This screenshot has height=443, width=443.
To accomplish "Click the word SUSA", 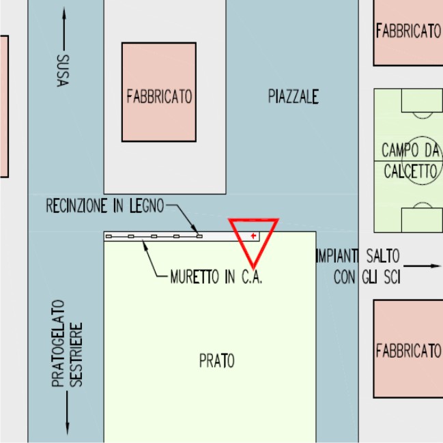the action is pos(62,70).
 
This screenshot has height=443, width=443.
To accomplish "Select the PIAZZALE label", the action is pos(293,97).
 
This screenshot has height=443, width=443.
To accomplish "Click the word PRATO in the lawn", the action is pos(216,360).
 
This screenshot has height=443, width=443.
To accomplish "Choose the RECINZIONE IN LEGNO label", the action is pos(105,205).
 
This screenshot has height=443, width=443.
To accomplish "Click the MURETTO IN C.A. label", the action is pos(216,278).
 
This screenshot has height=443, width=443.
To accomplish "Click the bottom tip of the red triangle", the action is pos(253,266).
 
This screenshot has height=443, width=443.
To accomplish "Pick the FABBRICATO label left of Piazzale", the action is pos(159,97).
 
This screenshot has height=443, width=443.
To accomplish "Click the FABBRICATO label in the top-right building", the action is pos(408,31).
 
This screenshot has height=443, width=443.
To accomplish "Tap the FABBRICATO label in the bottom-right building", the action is pos(408,351).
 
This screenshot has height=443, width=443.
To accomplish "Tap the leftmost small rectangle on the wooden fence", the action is pos(109,236).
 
